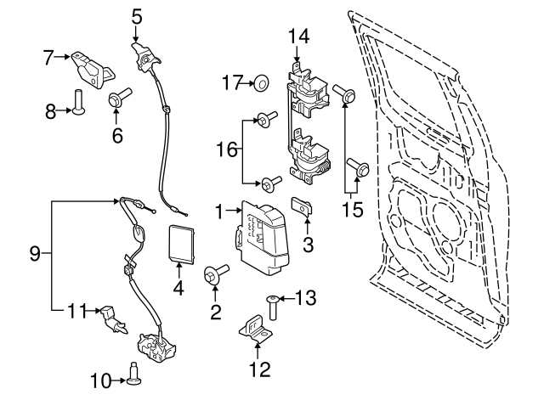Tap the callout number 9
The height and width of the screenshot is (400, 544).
click(x=35, y=253)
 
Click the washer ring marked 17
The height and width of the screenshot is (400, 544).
click(x=262, y=82)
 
